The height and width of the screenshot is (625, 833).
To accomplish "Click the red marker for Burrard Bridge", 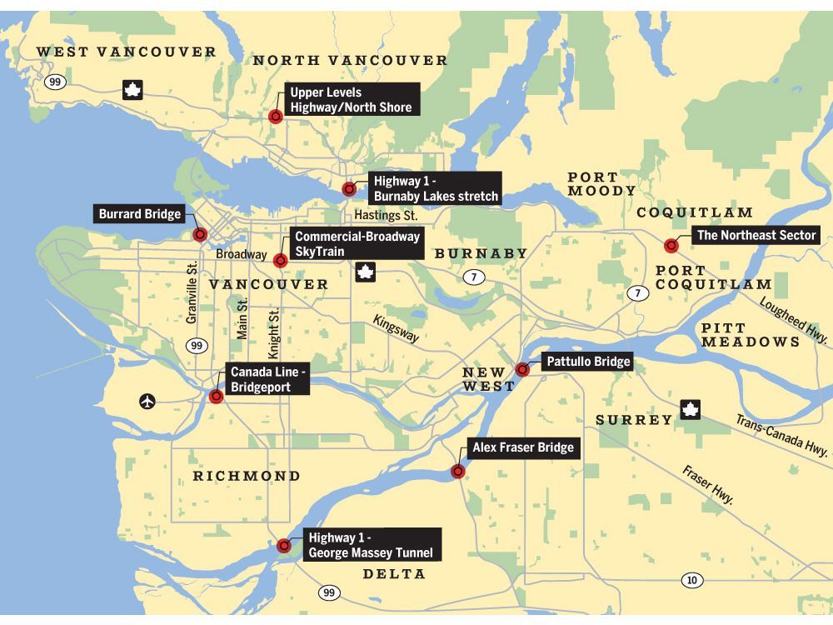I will (200, 234).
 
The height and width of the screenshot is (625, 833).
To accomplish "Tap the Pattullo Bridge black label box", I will (587, 362).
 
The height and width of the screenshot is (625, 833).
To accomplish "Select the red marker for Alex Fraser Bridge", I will (458, 472).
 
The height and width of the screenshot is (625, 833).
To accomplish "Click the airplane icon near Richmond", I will (147, 402).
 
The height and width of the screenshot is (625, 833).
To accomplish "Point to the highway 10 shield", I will (691, 580).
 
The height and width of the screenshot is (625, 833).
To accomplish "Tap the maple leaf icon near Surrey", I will (690, 409).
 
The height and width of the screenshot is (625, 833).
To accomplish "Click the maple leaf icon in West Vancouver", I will (132, 90).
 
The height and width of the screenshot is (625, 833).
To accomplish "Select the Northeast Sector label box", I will (756, 236).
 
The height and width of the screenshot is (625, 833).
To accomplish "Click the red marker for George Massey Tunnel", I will (284, 546).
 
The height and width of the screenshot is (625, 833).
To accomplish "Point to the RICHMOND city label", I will (247, 476).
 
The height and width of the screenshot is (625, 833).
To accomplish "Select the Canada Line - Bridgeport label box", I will (267, 378).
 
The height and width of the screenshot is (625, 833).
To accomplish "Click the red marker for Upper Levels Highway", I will (276, 117).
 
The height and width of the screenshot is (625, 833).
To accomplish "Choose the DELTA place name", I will (394, 574).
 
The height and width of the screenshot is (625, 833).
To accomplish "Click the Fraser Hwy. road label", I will (708, 485).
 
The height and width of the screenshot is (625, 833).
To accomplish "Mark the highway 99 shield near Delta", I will (329, 592).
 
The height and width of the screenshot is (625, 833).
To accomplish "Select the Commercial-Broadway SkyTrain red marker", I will (281, 260).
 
